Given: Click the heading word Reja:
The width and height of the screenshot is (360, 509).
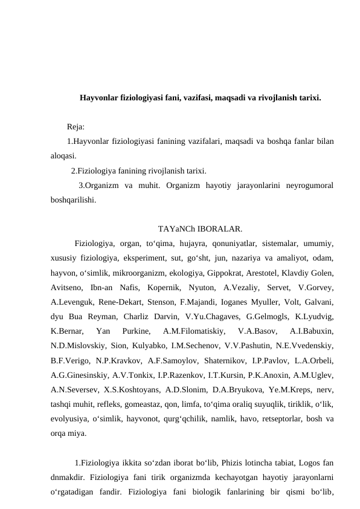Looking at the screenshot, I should (76, 128).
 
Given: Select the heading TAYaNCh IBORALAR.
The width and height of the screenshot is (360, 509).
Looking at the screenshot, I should (200, 229).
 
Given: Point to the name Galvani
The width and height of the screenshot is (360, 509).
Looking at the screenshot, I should (318, 302).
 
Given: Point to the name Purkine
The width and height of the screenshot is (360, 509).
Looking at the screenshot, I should (137, 331).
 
